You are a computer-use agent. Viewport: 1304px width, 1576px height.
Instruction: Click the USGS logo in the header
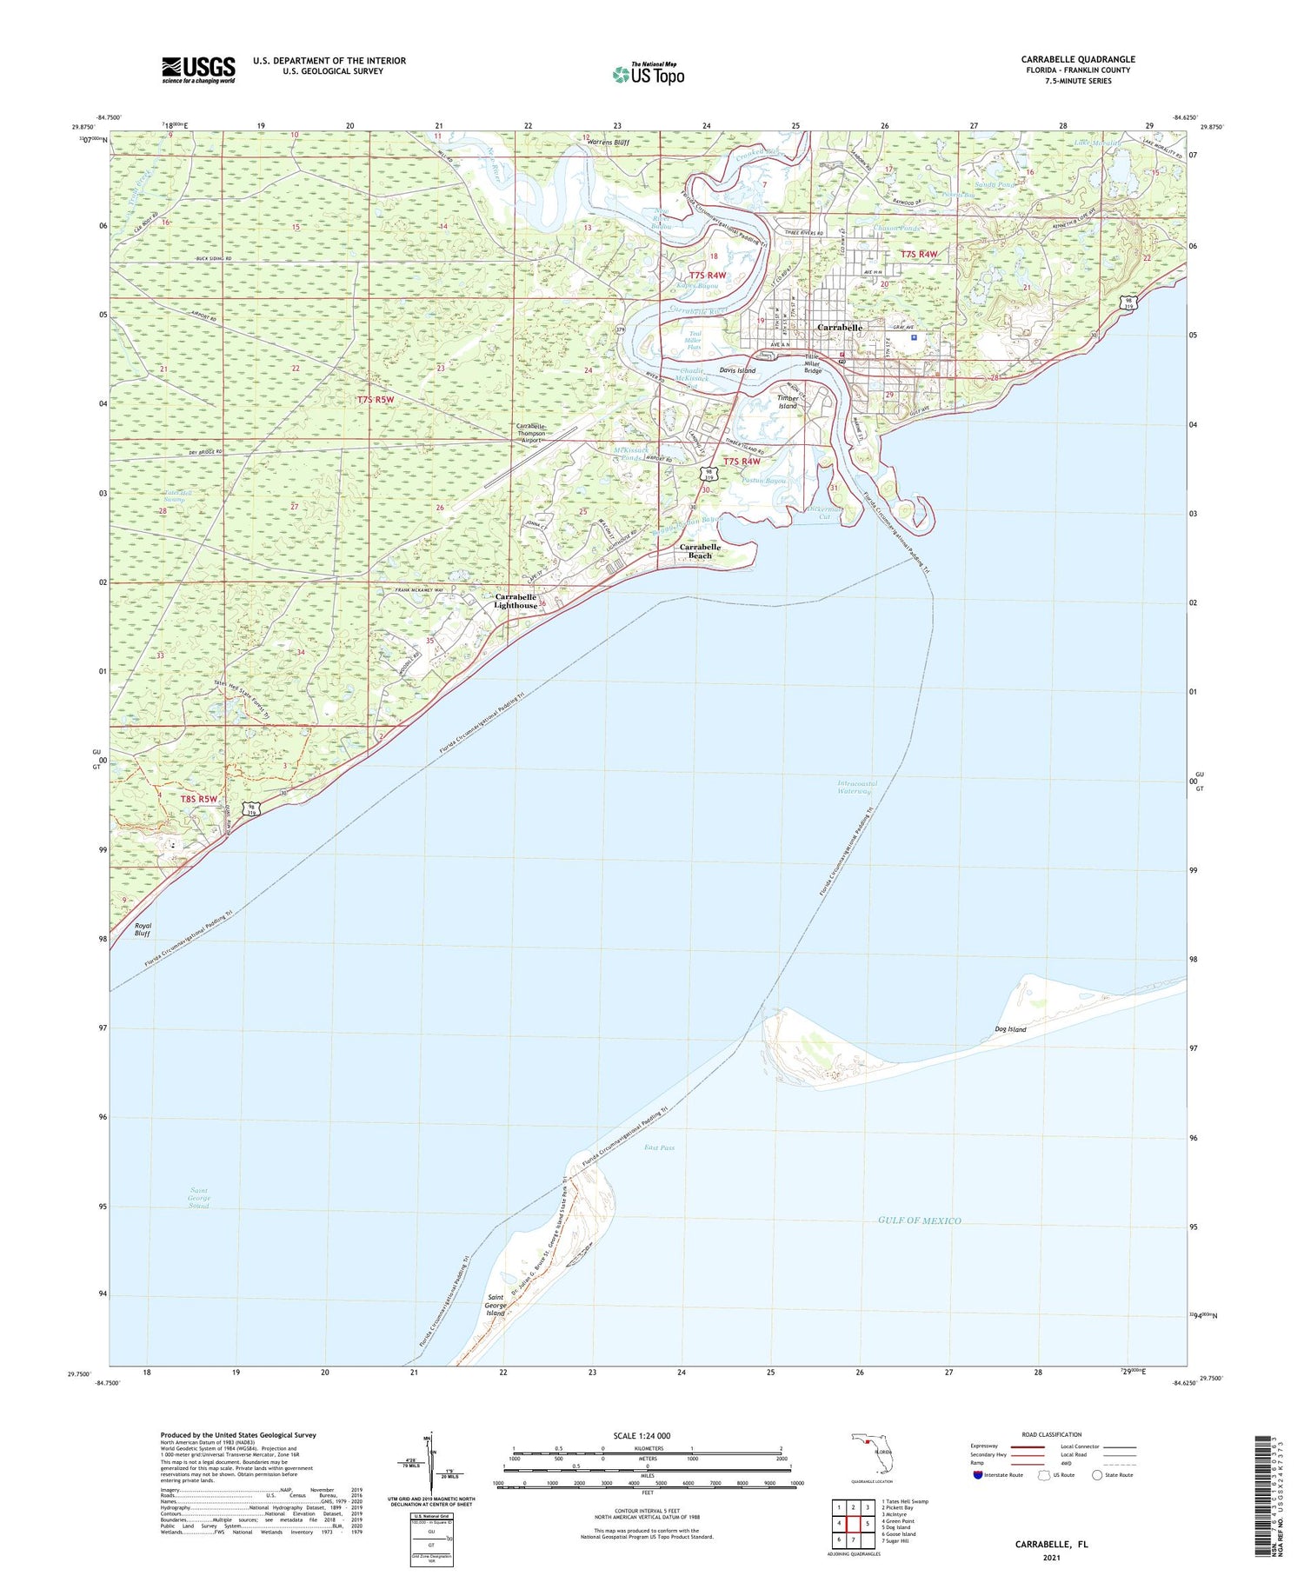[x=198, y=70]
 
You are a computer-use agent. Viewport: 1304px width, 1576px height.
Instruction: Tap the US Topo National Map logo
[x=648, y=74]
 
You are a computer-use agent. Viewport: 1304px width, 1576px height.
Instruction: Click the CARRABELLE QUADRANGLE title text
[x=1077, y=59]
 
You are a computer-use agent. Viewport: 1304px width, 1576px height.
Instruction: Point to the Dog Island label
[x=1010, y=1029]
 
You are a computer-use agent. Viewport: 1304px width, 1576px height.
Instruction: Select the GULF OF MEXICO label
[x=919, y=1220]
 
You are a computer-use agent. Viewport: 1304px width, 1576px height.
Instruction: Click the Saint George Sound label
[x=199, y=1198]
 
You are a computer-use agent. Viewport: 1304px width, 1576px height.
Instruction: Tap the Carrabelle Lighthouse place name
[x=516, y=601]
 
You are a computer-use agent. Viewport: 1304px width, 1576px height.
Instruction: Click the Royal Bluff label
[x=143, y=929]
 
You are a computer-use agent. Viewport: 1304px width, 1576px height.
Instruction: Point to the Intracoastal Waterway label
[x=856, y=788]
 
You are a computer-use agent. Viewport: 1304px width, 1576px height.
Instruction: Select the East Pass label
[x=659, y=1147]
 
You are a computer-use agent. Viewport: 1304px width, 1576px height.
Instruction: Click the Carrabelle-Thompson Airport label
[x=530, y=433]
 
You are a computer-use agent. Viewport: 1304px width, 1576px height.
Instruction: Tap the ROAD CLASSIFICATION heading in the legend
[x=1052, y=1434]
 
